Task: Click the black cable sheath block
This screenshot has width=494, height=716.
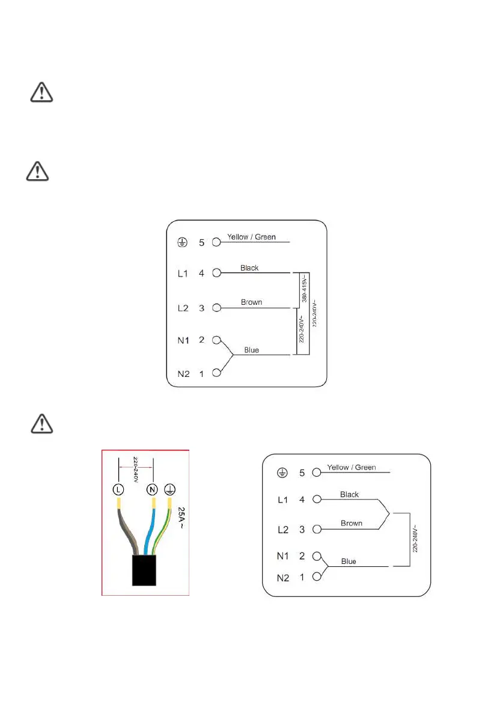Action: click(144, 570)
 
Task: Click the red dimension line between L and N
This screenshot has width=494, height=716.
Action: click(136, 465)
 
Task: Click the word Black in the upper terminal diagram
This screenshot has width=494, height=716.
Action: click(249, 268)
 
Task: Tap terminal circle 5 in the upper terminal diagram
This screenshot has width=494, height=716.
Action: click(217, 243)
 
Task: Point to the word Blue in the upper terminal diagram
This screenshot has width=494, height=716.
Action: click(251, 350)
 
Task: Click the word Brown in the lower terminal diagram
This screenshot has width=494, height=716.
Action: click(352, 524)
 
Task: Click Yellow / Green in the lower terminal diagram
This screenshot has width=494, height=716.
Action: click(352, 467)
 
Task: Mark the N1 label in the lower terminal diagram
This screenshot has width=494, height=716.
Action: click(282, 555)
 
